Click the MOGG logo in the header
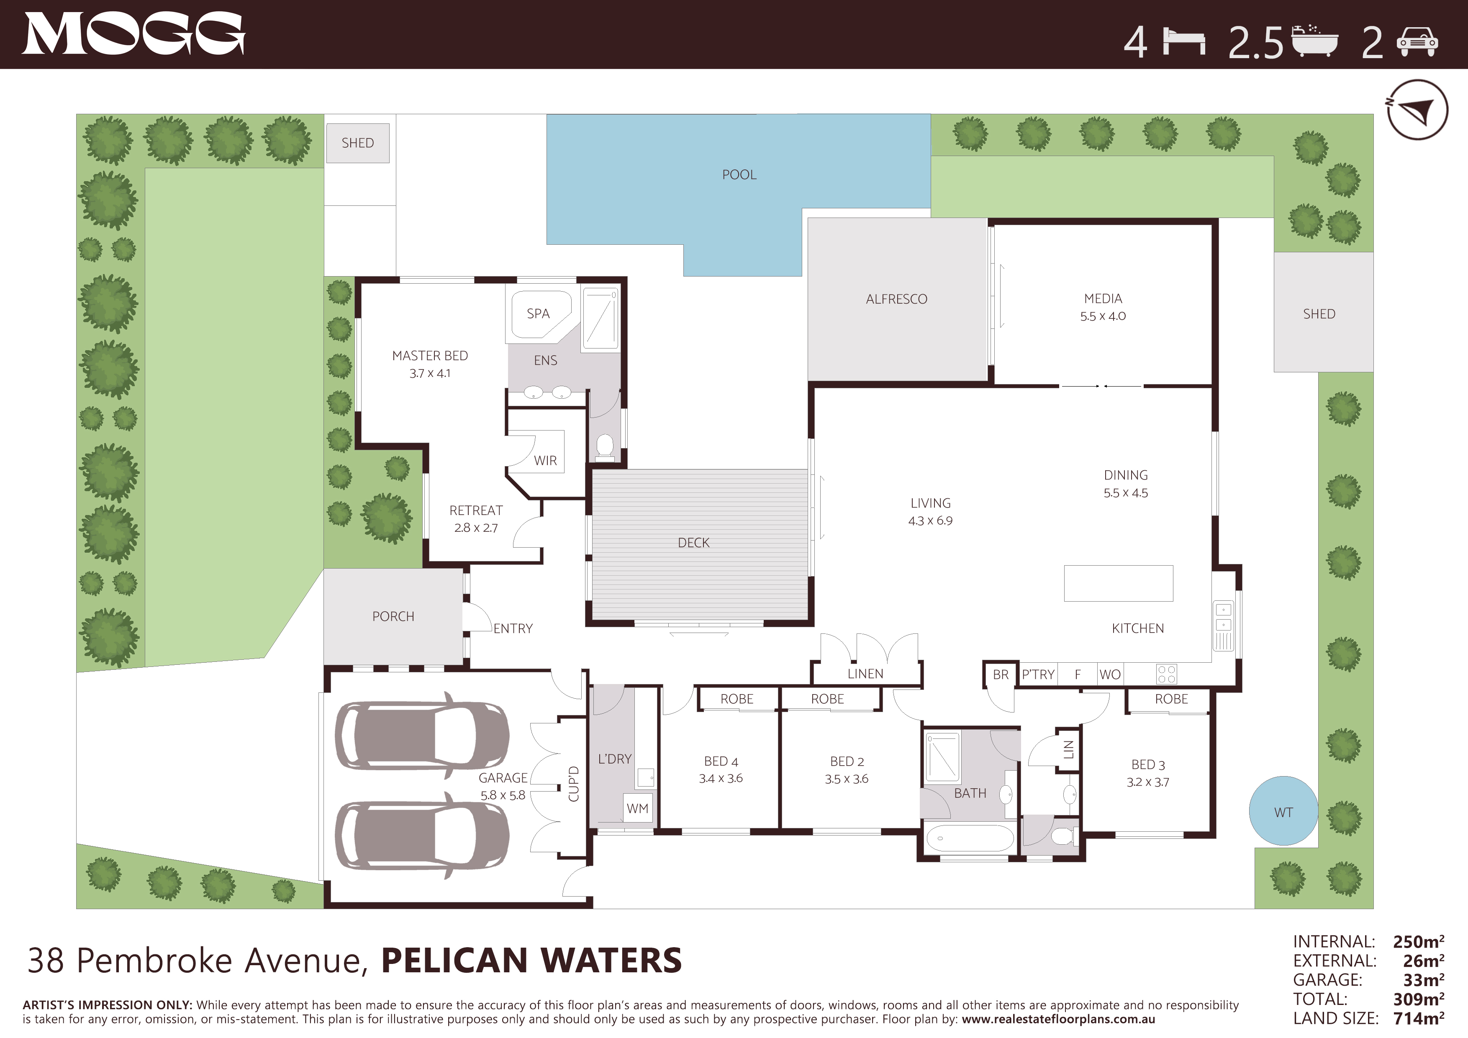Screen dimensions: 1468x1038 pos(133,34)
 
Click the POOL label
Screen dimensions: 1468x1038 pos(739,174)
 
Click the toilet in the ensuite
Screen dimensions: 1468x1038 pos(604,447)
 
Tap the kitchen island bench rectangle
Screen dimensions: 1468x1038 pos(1118,583)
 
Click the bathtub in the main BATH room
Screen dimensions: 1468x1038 pos(970,838)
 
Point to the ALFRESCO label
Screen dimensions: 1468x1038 pos(896,299)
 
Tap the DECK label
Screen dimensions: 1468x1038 pos(694,543)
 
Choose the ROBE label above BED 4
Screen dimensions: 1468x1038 pos(737,699)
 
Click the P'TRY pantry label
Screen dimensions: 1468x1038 pos(1038,674)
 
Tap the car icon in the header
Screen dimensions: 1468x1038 pos(1417,42)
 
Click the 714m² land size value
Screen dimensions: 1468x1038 pos(1418,1018)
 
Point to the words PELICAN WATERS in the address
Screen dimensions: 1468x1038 pos(531,961)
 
